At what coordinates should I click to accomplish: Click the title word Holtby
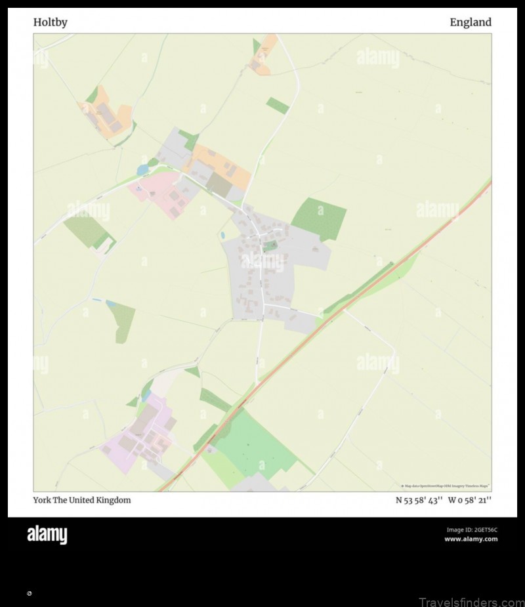(x=50, y=22)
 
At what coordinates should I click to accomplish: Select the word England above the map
(x=470, y=22)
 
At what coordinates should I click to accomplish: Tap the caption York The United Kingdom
(x=82, y=500)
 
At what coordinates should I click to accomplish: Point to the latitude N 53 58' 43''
(x=419, y=500)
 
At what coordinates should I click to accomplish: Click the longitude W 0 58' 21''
(x=470, y=500)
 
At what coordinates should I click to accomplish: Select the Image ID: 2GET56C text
(x=472, y=530)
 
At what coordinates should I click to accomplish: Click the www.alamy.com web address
(x=471, y=539)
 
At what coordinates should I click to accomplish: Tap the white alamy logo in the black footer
(x=47, y=535)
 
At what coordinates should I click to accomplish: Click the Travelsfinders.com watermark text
(x=467, y=600)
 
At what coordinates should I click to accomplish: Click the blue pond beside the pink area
(x=142, y=170)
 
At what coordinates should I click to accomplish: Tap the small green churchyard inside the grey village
(x=270, y=246)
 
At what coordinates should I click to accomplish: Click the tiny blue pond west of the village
(x=222, y=235)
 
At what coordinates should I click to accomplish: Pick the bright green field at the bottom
(x=256, y=446)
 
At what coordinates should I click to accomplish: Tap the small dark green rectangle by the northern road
(x=277, y=105)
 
